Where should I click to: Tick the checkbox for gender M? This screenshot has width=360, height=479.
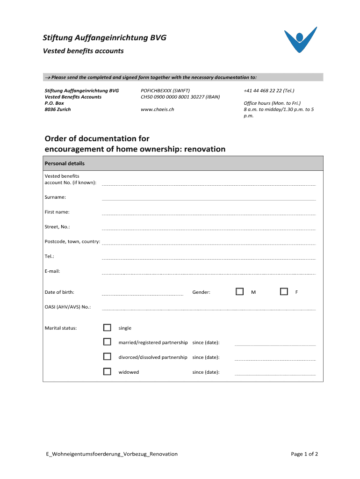pos(240,291)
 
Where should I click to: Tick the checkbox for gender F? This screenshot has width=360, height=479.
pos(284,291)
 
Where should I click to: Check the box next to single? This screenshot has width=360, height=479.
pos(107,327)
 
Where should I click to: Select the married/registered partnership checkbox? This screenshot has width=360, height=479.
pos(107,342)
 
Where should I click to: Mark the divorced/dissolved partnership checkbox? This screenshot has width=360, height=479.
pos(107,357)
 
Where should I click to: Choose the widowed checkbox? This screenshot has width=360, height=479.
pos(107,371)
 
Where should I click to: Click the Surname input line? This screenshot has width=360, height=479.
pos(209,198)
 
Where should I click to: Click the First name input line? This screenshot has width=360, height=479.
pos(209,213)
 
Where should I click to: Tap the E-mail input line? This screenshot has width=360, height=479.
pos(209,273)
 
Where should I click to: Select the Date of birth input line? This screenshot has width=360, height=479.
pos(143,294)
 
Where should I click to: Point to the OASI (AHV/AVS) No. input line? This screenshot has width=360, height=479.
pos(209,309)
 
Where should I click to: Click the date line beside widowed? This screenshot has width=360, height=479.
pos(275,374)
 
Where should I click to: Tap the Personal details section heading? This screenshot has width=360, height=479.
pos(65,164)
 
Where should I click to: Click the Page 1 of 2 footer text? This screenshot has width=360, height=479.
pos(304,454)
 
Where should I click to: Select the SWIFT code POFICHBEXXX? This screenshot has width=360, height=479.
pos(159,91)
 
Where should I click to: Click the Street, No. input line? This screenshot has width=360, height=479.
pos(209,228)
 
